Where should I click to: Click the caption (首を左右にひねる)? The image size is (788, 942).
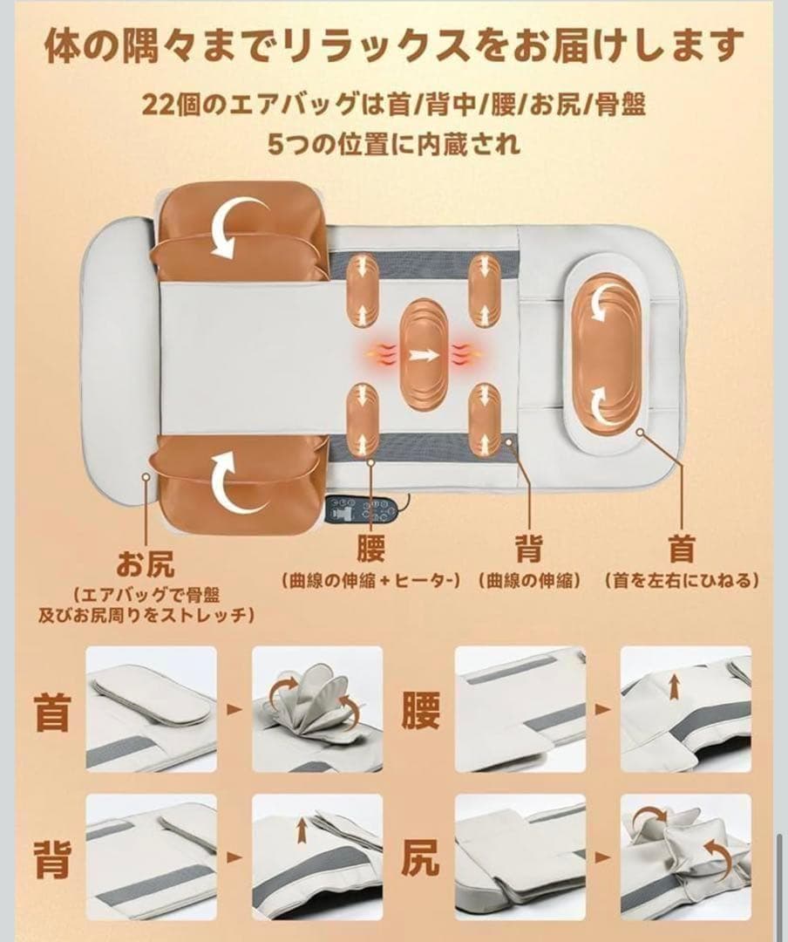tap(681, 580)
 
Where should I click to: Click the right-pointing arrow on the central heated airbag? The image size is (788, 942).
tap(425, 354)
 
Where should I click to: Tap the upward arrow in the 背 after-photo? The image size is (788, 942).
tap(302, 830)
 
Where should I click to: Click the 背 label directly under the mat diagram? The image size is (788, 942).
tap(528, 549)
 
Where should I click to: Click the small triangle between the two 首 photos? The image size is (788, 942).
tap(233, 710)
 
